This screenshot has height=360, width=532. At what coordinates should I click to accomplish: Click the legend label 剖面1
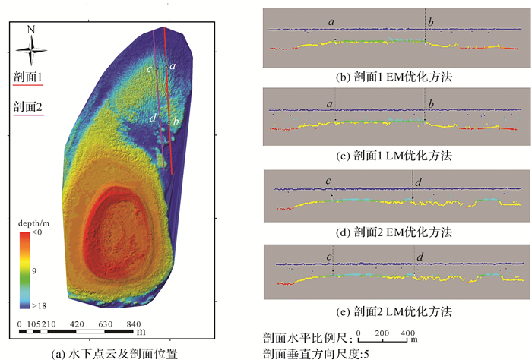pyautogui.click(x=28, y=77)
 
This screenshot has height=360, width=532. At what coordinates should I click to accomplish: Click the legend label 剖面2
pyautogui.click(x=28, y=106)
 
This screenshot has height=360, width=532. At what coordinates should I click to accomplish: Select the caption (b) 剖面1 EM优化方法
pyautogui.click(x=394, y=77)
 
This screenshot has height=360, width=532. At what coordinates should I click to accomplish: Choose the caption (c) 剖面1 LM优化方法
pyautogui.click(x=394, y=156)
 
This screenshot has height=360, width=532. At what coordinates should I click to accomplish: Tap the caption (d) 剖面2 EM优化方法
pyautogui.click(x=394, y=231)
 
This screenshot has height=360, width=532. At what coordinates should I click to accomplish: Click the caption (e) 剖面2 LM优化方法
pyautogui.click(x=394, y=311)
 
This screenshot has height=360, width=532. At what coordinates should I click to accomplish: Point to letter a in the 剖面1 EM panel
pyautogui.click(x=332, y=22)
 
